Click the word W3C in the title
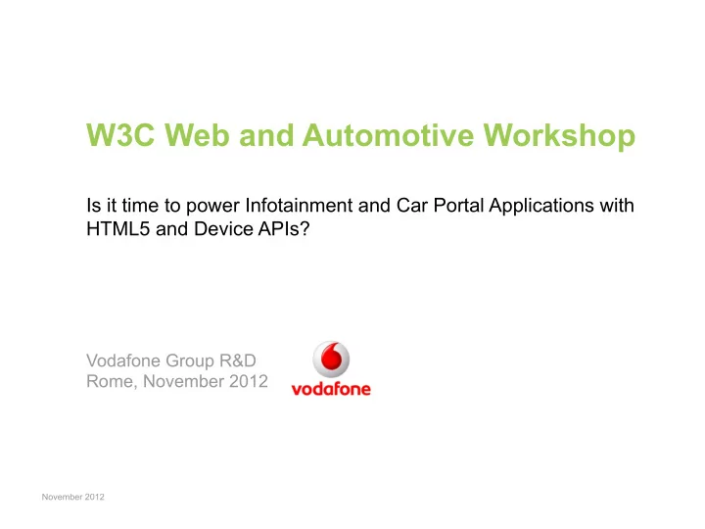click(x=120, y=134)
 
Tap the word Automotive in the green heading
click(x=388, y=134)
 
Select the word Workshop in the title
click(x=559, y=137)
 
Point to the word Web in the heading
click(x=198, y=134)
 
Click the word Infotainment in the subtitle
click(x=299, y=206)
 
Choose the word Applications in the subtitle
click(x=541, y=207)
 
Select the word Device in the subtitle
click(x=224, y=229)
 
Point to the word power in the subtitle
click(x=212, y=208)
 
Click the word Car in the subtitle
click(x=412, y=206)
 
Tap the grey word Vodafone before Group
click(x=123, y=361)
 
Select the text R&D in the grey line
click(x=237, y=361)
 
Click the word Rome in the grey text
click(x=112, y=382)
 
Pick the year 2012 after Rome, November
click(x=249, y=381)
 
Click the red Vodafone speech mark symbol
click(x=332, y=359)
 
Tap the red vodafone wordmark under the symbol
click(x=331, y=389)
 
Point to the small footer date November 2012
click(x=72, y=497)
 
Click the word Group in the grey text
click(x=190, y=361)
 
